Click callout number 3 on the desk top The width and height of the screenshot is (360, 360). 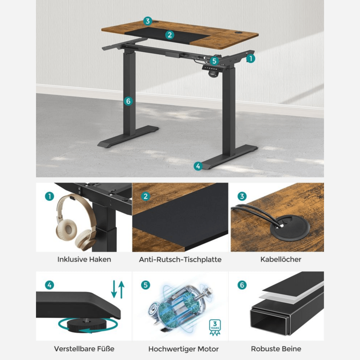point(147,21)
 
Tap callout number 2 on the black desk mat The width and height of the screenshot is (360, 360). point(169,35)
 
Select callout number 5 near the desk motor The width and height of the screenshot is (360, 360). point(214,61)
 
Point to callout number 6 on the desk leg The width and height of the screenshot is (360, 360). point(128,101)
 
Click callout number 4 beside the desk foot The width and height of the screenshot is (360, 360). point(198,166)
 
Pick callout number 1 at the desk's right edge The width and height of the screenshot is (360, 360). point(250,58)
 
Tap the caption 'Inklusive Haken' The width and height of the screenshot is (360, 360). point(84,259)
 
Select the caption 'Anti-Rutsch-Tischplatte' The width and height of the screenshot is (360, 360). point(180,259)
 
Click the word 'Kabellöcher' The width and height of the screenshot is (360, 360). point(280,259)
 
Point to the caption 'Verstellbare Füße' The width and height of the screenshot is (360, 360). point(84,349)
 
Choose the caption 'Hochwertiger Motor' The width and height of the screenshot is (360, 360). point(183,349)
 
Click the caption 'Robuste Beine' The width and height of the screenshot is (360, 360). point(276,349)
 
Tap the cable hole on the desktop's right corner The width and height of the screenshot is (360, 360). point(239,32)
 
